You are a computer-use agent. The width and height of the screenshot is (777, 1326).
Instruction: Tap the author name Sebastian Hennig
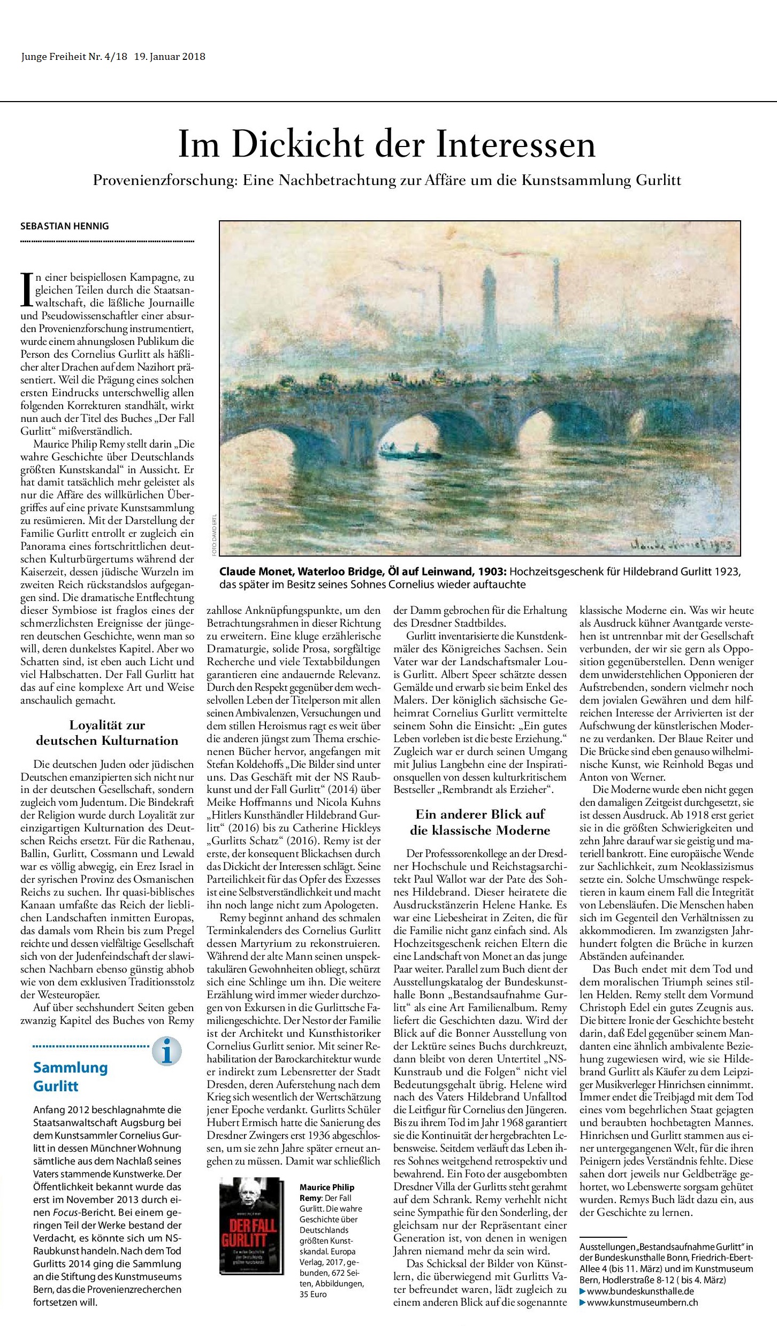[x=64, y=226]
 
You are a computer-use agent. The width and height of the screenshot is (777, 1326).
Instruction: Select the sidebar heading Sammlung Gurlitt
[x=70, y=1076]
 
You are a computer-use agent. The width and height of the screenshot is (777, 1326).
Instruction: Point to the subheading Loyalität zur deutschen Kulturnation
[x=107, y=733]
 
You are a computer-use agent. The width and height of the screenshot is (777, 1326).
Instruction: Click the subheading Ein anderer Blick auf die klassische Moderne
[x=480, y=982]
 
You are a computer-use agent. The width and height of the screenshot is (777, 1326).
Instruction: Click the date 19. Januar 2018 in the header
[x=170, y=57]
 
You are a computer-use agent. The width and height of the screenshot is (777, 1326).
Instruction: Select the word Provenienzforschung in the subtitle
[x=164, y=181]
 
